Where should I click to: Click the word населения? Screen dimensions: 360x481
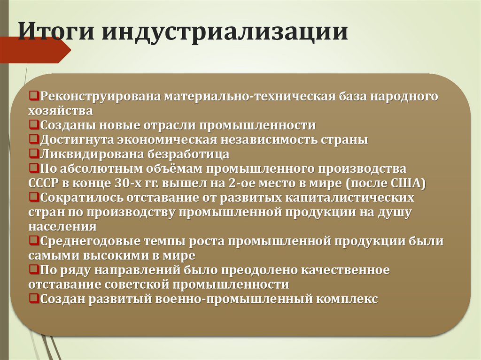tap(62, 226)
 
